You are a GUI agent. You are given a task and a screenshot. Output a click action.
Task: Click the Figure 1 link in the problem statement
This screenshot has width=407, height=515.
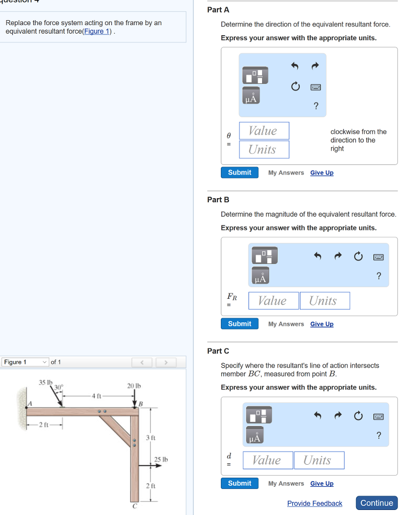97,32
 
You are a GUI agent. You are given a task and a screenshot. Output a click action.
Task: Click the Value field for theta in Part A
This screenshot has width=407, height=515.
264,131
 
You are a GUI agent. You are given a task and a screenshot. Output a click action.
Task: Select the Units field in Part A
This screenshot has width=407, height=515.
264,149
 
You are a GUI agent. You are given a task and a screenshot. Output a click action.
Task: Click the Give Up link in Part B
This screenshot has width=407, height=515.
322,324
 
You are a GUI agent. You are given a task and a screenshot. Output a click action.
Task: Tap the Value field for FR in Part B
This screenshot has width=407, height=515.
274,301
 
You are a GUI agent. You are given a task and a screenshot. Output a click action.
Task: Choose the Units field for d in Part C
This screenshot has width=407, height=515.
319,460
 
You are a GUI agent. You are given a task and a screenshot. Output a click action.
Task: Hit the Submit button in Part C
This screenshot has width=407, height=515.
239,483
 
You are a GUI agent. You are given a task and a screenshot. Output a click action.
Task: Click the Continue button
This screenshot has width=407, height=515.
377,503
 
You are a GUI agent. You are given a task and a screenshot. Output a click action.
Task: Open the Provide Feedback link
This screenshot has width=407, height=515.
315,503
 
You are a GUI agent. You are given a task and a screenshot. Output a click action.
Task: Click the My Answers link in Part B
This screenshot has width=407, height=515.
286,324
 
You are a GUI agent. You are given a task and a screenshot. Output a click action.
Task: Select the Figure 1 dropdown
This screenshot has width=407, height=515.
25,362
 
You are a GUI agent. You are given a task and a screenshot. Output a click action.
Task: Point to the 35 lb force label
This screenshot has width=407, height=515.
45,382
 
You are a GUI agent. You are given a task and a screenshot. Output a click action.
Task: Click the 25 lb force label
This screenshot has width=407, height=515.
161,459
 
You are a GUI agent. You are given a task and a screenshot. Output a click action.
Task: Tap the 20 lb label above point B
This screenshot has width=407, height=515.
134,386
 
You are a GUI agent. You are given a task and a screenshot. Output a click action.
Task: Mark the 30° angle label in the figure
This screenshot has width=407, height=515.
58,387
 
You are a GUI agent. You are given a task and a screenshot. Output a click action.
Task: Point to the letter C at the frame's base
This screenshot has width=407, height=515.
135,506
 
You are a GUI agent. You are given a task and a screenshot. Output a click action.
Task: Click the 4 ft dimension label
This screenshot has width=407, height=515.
96,396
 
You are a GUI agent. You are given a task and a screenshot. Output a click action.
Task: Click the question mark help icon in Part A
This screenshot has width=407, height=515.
316,106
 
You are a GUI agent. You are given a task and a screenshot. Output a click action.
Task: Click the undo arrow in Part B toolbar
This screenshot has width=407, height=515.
317,255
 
